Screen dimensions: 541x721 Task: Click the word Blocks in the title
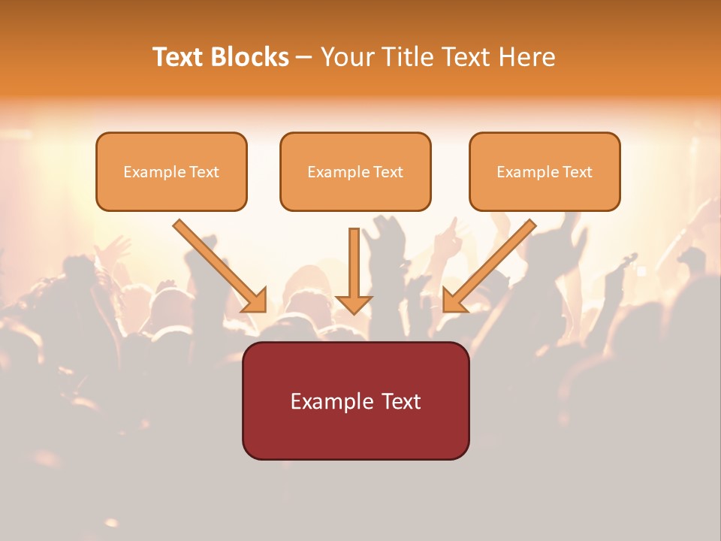click(x=249, y=57)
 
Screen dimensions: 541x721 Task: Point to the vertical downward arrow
click(x=354, y=263)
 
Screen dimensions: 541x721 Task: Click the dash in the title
click(x=304, y=58)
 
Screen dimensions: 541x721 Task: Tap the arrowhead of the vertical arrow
click(x=354, y=304)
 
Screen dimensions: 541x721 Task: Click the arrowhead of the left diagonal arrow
click(x=255, y=301)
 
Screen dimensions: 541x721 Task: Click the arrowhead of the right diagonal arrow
click(x=454, y=301)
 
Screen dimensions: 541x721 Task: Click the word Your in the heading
click(x=346, y=57)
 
